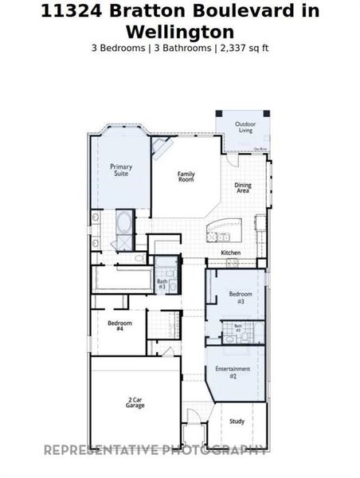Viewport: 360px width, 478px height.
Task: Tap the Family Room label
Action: pos(186,177)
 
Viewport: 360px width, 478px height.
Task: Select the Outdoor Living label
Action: pos(245,127)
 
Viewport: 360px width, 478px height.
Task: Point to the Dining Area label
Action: pos(243,188)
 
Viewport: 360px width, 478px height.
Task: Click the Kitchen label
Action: pos(230,253)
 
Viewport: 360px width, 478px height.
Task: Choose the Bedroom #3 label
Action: pos(241,297)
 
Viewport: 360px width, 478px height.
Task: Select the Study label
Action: pos(237,421)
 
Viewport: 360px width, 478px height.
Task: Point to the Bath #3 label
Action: pos(162,283)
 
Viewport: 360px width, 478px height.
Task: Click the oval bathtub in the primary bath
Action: pos(123,221)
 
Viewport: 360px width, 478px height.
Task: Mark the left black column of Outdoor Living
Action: pos(219,115)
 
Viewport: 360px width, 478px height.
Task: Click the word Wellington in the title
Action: pos(179,32)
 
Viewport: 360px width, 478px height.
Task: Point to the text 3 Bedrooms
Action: pos(119,48)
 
